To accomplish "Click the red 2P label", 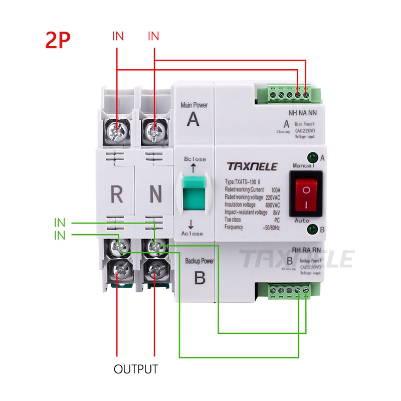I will (x=58, y=40).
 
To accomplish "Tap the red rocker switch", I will (x=305, y=191).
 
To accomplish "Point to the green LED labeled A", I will (x=313, y=157).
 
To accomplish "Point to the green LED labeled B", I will (x=313, y=230).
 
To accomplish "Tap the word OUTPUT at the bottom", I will (x=136, y=369).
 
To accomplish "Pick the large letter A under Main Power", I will (x=193, y=120).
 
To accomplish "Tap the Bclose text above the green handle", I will (x=195, y=159).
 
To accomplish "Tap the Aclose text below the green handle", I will (x=193, y=234).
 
